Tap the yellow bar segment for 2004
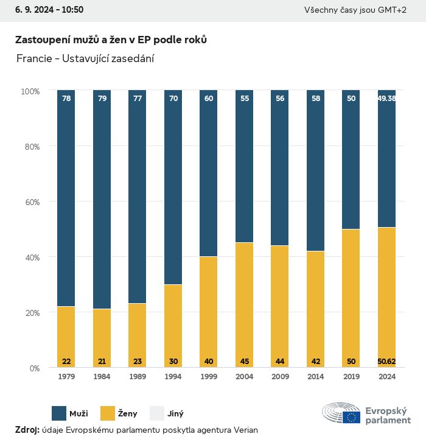click(x=245, y=304)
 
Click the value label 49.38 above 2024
click(x=386, y=98)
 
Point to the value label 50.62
click(x=386, y=362)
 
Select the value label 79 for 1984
click(x=102, y=98)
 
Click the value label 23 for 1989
click(x=138, y=362)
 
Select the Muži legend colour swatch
click(x=59, y=413)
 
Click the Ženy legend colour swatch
click(x=108, y=413)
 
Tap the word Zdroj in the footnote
click(x=26, y=430)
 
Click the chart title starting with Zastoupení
click(x=111, y=40)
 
